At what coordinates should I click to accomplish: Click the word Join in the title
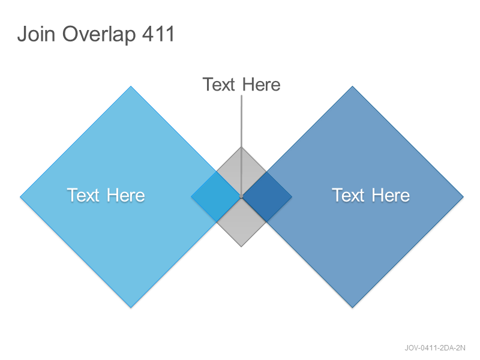coord(36,34)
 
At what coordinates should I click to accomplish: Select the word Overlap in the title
coord(99,34)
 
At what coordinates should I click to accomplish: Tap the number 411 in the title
coord(158,34)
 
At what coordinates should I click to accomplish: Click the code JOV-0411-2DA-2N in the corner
coord(434,348)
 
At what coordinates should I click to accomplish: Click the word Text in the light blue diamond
coord(83,196)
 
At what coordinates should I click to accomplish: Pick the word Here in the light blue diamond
coord(126,196)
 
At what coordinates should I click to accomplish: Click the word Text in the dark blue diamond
coord(348,196)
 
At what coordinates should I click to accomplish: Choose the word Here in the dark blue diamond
coord(391,196)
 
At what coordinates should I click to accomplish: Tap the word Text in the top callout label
coord(218,85)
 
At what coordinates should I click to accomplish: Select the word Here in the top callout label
coord(262,85)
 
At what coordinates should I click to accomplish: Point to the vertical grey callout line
coord(241,146)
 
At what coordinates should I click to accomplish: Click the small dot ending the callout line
coord(241,197)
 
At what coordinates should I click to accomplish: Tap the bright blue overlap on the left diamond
coord(216,197)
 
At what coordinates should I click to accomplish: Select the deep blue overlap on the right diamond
coord(267,197)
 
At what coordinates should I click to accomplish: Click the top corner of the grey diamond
coord(241,147)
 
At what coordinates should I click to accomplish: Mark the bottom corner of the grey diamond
coord(241,247)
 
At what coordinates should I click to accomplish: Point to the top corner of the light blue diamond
coord(131,86)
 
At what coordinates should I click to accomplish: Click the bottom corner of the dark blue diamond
coord(352,307)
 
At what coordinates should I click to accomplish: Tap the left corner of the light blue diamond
coord(20,197)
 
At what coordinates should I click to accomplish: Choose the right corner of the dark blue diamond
coord(463,197)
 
